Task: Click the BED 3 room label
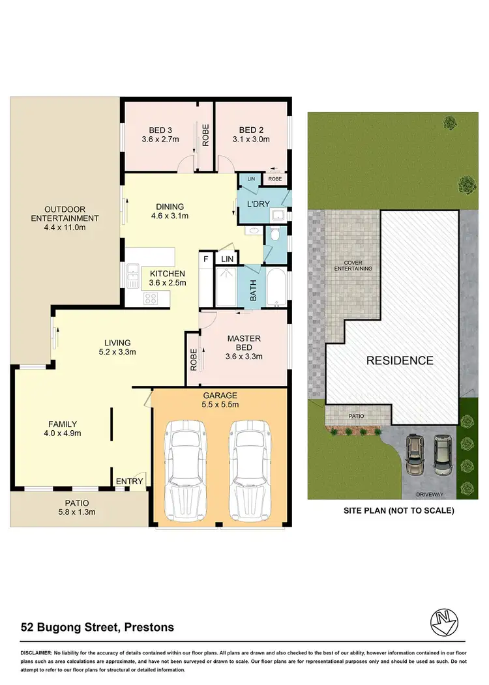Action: point(160,134)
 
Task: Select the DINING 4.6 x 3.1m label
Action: point(170,211)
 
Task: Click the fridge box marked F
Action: point(207,259)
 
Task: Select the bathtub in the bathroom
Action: point(276,287)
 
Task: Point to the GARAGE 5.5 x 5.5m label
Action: point(220,400)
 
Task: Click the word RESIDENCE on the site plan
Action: point(399,360)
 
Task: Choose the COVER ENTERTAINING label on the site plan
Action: point(352,265)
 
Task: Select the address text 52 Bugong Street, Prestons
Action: point(96,628)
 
